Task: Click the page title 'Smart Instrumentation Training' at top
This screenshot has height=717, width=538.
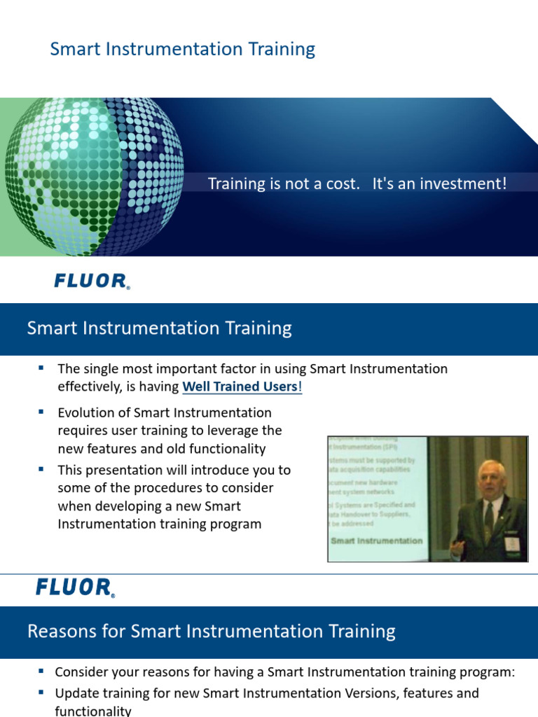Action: coord(182,49)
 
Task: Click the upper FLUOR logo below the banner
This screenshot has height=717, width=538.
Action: coord(92,281)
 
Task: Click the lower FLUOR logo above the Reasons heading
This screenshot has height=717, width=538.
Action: coord(75,587)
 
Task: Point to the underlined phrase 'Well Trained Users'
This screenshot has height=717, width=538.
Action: coord(240,387)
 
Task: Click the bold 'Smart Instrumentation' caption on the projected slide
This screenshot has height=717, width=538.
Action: coord(376,541)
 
